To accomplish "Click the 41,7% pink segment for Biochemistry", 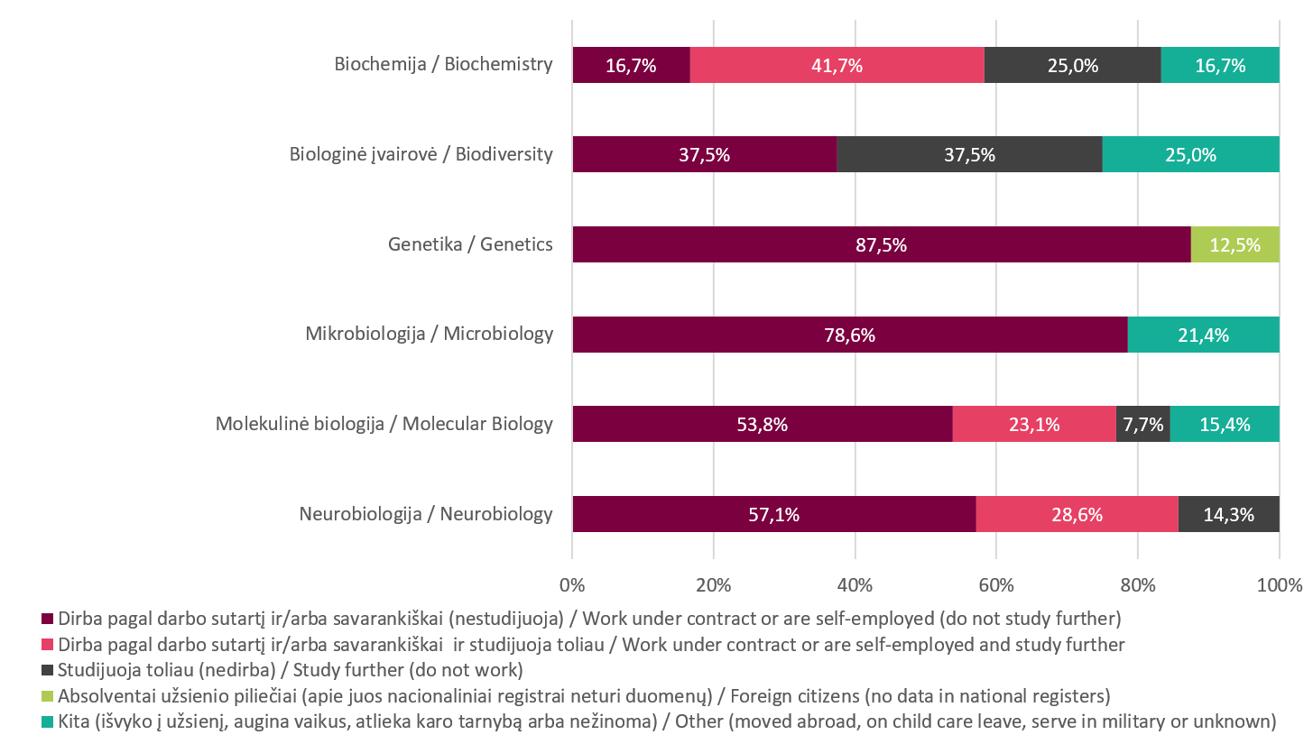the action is [x=837, y=65].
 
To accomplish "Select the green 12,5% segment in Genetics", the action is [x=1235, y=244].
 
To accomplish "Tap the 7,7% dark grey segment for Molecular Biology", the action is [x=1143, y=424].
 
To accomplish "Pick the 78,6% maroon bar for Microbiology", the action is [x=850, y=335].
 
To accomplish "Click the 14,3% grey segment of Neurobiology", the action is [x=1228, y=514].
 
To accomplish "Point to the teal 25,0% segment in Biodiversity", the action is [x=1190, y=154].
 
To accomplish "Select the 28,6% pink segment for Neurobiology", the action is [x=1077, y=514].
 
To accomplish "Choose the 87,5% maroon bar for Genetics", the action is [x=882, y=244].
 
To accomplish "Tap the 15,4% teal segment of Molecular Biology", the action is [x=1225, y=424].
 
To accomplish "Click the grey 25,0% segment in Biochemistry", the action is [x=1073, y=65].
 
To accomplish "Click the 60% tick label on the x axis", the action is [x=996, y=584].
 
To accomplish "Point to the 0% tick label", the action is [x=572, y=584].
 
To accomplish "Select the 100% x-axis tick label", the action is [x=1280, y=584].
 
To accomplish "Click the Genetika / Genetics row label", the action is [x=470, y=243].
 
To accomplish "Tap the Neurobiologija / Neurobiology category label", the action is [x=426, y=514].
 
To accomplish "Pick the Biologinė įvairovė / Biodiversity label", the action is [x=421, y=154].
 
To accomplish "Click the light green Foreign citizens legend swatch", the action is [x=48, y=696].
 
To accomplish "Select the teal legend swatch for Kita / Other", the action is [x=48, y=721].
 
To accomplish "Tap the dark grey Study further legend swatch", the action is [x=48, y=669].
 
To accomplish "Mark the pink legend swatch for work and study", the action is [x=48, y=645].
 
